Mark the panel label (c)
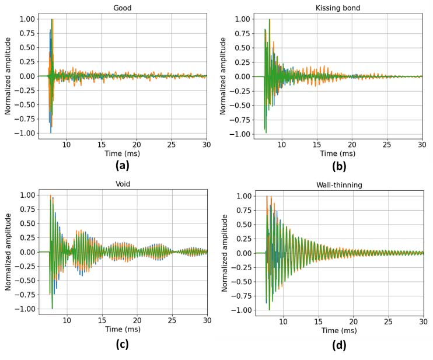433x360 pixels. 123,344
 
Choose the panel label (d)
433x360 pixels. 339,344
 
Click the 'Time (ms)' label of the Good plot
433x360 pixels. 123,153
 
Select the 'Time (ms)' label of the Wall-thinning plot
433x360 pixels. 339,331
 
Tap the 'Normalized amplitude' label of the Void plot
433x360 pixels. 8,252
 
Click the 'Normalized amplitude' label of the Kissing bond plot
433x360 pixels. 224,76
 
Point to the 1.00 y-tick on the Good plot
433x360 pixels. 27,19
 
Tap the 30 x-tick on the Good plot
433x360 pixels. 206,144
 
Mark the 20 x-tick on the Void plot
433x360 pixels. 137,320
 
